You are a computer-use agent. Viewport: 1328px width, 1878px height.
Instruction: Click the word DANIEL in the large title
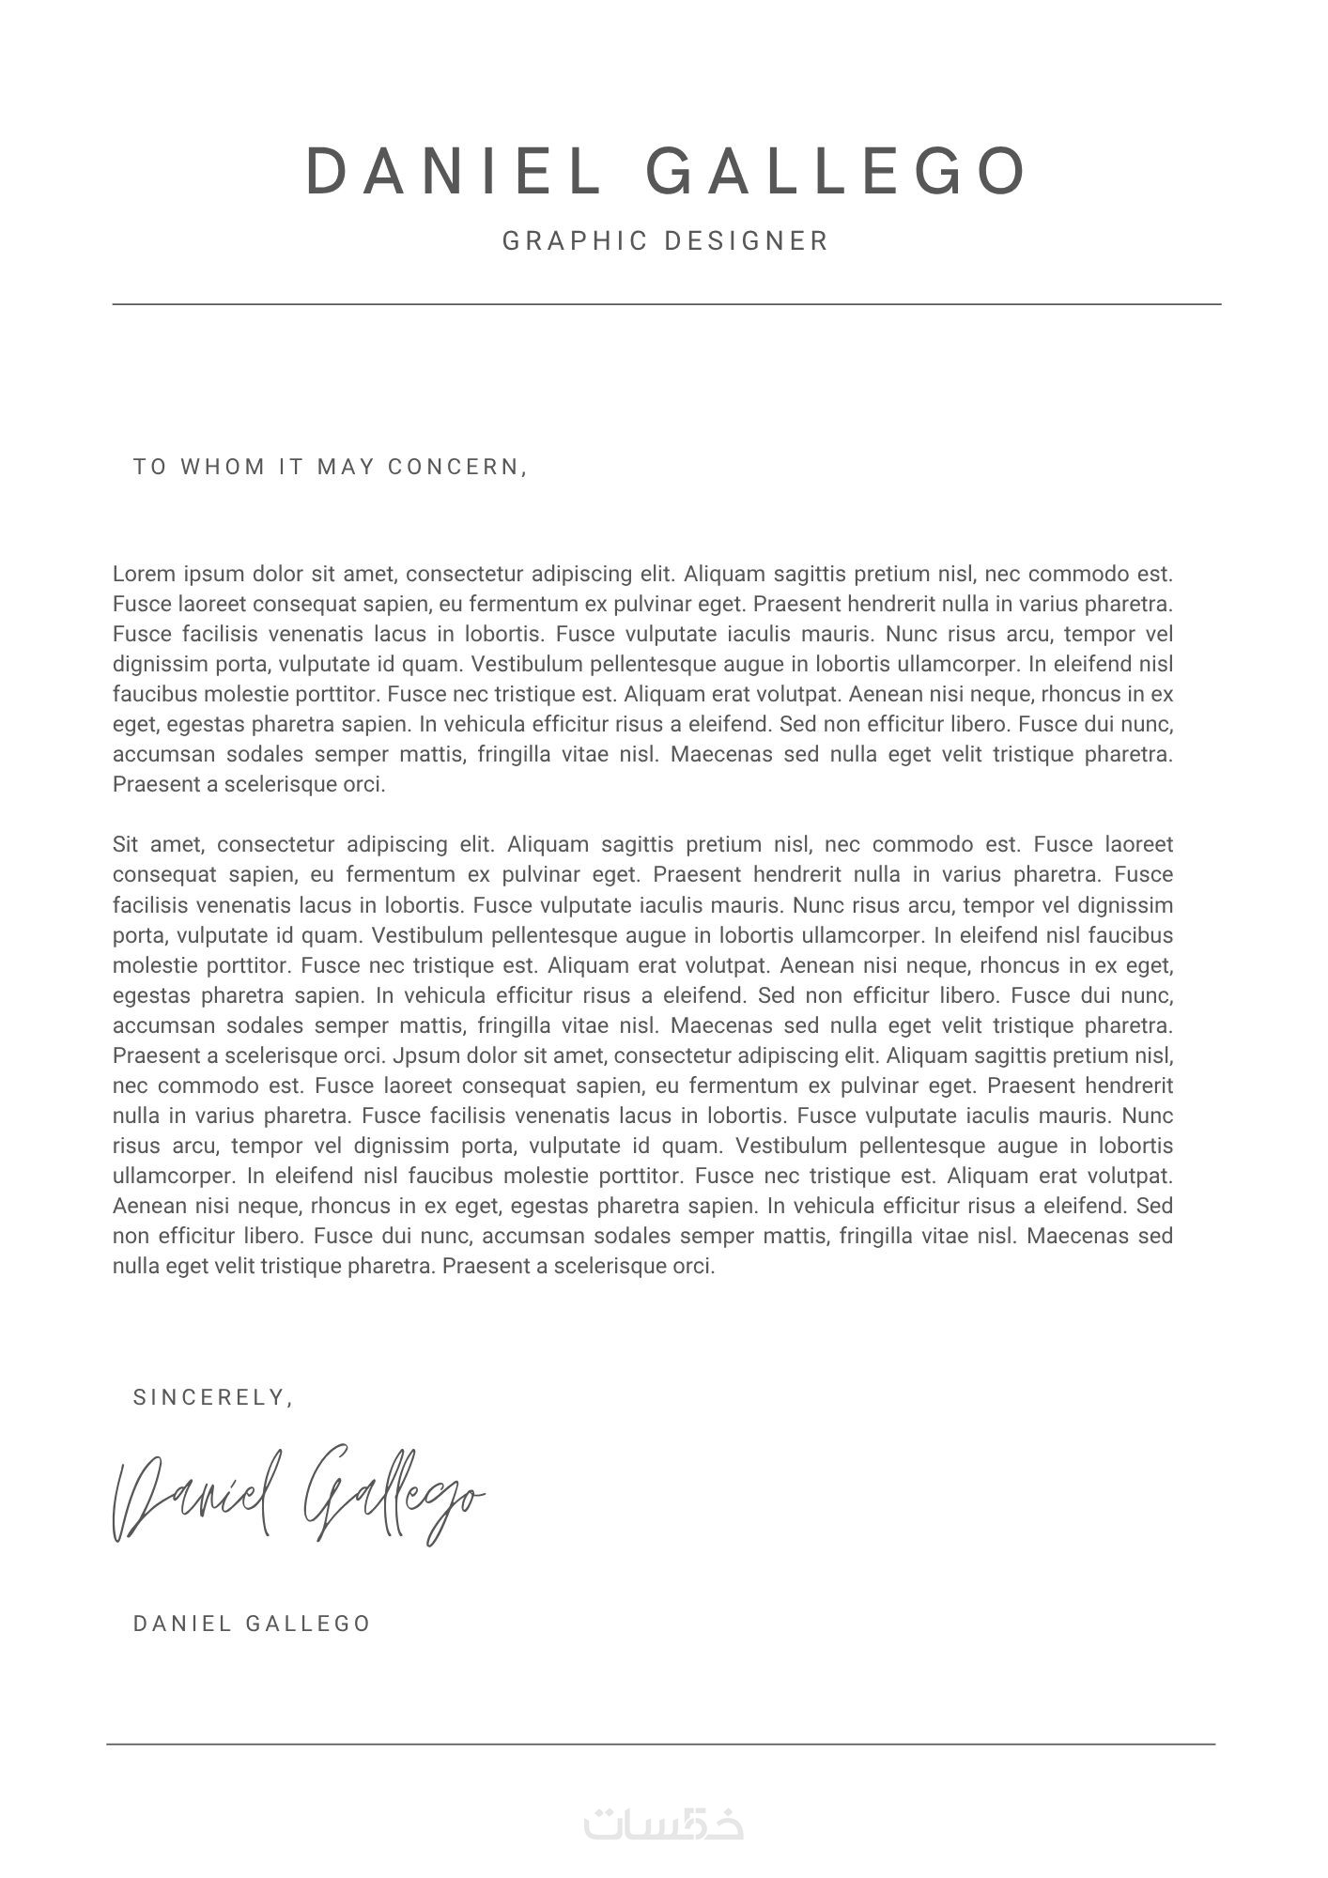pos(453,172)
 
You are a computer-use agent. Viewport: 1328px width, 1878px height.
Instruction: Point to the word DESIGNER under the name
pos(747,241)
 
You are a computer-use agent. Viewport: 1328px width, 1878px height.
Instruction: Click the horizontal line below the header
pos(667,304)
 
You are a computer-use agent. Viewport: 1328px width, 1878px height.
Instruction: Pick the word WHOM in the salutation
pos(223,467)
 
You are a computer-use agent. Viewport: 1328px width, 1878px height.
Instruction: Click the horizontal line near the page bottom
pos(661,1745)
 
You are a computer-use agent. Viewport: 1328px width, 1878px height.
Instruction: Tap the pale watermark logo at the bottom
pos(663,1823)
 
